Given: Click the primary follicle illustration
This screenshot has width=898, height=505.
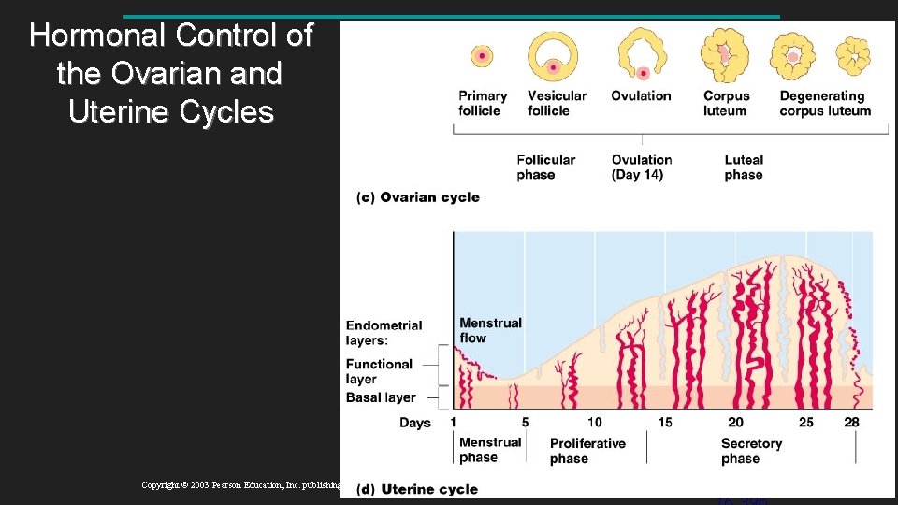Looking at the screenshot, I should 482,57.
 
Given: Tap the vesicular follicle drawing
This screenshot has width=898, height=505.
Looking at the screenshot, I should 554,56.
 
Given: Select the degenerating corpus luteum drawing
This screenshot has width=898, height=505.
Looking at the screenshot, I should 852,55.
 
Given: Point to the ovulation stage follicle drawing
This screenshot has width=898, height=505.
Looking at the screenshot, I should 641,55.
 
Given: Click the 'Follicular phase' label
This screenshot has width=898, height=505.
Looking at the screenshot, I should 545,167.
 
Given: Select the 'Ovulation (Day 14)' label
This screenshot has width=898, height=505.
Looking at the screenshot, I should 641,167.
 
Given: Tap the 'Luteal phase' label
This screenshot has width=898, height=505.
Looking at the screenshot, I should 744,167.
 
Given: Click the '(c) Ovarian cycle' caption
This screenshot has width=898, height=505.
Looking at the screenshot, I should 418,197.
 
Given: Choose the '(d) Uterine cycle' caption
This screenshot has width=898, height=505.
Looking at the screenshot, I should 417,489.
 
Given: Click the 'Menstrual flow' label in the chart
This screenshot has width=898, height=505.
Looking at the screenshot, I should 490,330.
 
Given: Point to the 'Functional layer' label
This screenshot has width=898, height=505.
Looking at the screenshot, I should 379,371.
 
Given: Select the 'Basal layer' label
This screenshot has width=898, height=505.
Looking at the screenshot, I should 381,397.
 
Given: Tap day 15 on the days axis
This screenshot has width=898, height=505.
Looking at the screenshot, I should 664,422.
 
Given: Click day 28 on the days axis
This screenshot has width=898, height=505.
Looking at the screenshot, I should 851,422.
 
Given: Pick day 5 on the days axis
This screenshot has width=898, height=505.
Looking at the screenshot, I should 525,422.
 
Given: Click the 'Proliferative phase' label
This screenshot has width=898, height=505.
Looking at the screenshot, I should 587,451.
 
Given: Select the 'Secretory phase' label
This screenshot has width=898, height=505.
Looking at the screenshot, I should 751,451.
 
